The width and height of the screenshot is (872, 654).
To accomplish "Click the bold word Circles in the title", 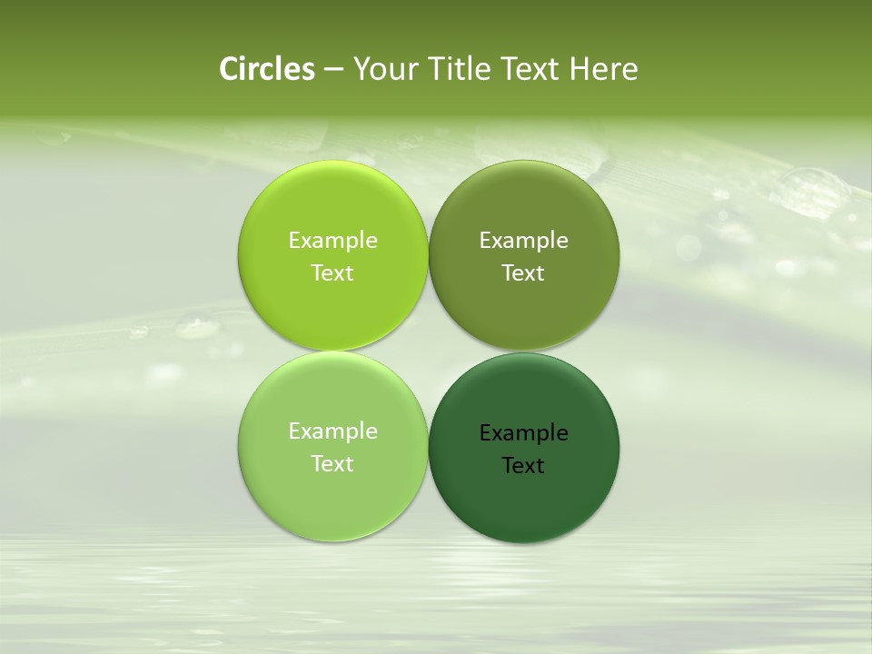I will click(x=266, y=69).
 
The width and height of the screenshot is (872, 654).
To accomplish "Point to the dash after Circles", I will click(x=333, y=70).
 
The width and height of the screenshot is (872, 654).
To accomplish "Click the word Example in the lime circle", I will click(x=332, y=241).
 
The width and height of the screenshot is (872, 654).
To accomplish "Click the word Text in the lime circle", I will click(x=332, y=272).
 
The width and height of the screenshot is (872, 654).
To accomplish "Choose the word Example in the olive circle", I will click(x=523, y=241).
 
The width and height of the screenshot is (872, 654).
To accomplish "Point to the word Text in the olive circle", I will click(x=523, y=272).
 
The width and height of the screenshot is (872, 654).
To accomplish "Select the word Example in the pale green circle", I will click(x=332, y=431).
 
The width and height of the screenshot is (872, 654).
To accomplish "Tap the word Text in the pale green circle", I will click(x=332, y=463).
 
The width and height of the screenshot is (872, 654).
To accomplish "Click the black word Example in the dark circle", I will click(x=523, y=433).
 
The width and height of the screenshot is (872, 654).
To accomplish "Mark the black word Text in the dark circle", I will click(x=523, y=465).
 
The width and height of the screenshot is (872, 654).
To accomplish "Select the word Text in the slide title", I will click(x=531, y=69).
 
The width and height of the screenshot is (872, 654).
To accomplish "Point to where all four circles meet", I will click(x=429, y=352).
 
